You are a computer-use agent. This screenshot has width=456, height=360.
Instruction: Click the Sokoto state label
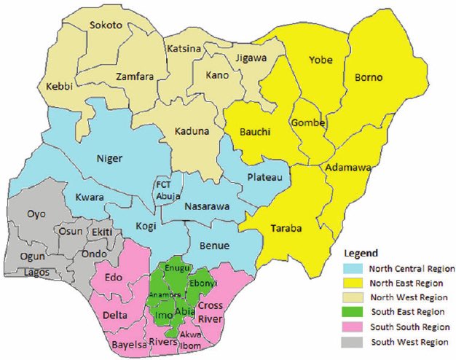tap(106, 25)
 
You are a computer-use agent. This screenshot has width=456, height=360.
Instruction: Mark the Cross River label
tap(211, 312)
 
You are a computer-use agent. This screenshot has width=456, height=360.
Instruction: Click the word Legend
tap(359, 254)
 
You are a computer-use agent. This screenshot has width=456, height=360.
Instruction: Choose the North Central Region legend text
tap(412, 269)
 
